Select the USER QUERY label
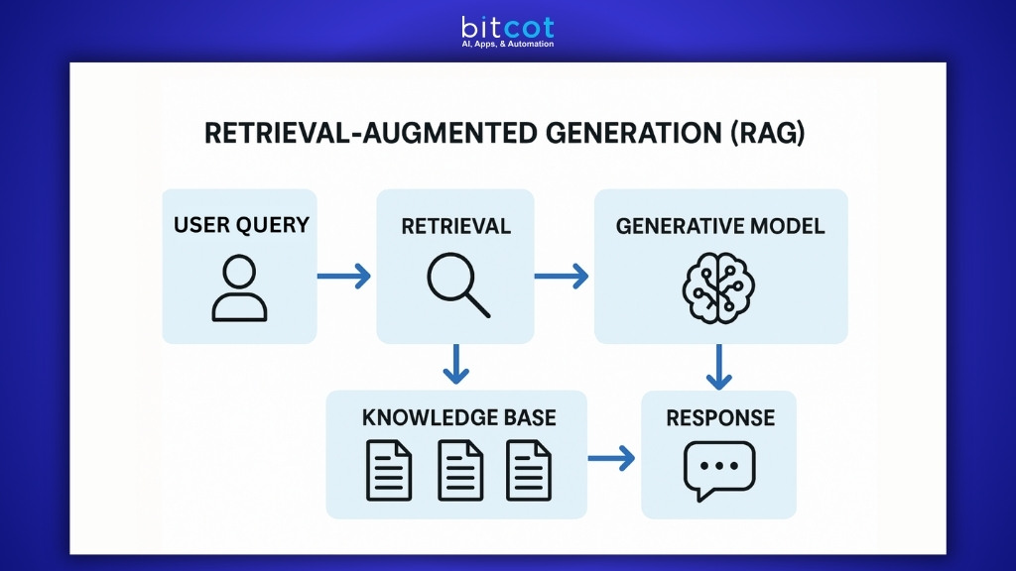(x=241, y=225)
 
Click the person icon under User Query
(x=239, y=287)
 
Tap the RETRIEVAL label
(x=455, y=226)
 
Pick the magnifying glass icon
(x=457, y=285)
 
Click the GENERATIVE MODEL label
(x=720, y=226)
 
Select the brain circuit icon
(x=719, y=286)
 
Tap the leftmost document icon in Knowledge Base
(x=389, y=470)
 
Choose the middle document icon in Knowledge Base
(x=460, y=470)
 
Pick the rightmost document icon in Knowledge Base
(x=528, y=470)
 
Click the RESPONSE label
(x=720, y=416)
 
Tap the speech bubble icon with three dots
(x=719, y=469)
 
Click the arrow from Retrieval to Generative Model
(x=562, y=277)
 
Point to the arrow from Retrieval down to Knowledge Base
(x=455, y=365)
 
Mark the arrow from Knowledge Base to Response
(x=611, y=458)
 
